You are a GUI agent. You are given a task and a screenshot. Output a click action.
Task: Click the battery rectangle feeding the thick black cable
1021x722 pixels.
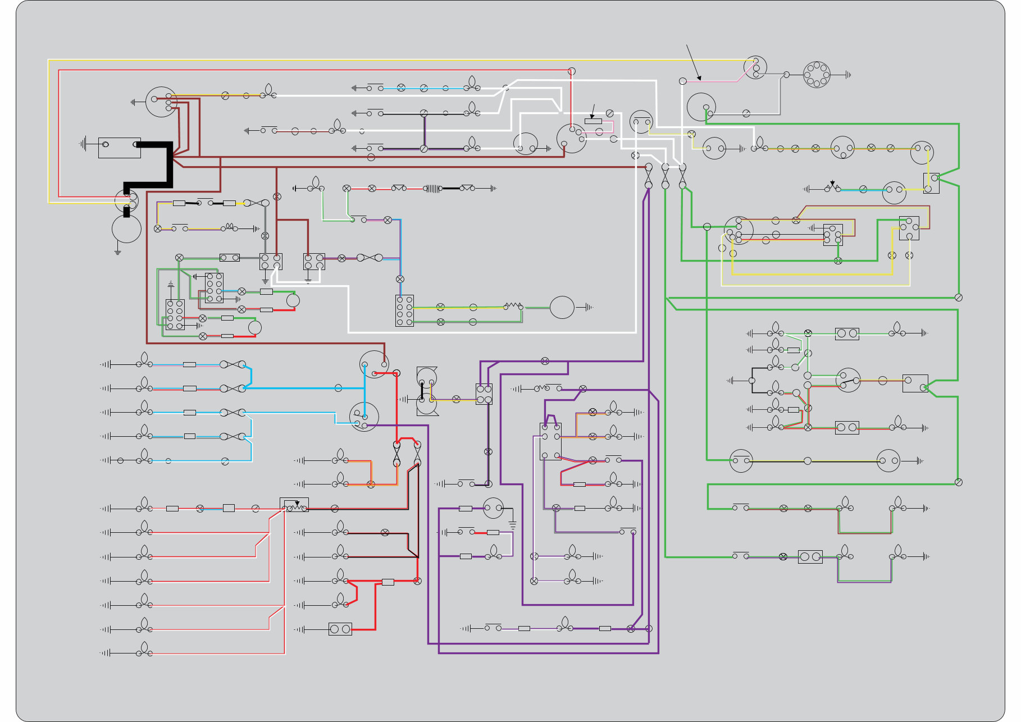(x=119, y=148)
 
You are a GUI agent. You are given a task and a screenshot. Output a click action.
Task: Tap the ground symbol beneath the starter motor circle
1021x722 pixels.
(x=118, y=252)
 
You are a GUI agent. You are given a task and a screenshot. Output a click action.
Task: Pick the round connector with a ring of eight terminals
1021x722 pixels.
(x=817, y=75)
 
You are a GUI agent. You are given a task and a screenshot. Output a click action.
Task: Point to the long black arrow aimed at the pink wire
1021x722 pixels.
(x=693, y=62)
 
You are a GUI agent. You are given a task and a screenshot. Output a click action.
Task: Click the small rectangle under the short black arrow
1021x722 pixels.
(x=593, y=121)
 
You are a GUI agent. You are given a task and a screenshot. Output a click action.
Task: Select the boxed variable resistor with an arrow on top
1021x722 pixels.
(x=294, y=505)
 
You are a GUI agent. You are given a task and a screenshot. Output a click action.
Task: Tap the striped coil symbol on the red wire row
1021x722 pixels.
(x=432, y=189)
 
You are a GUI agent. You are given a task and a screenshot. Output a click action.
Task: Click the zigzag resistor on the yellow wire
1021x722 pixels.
(x=512, y=306)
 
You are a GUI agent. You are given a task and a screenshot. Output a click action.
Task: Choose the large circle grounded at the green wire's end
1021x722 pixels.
(x=562, y=308)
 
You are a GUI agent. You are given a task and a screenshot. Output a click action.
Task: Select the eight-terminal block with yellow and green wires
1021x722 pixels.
(x=404, y=310)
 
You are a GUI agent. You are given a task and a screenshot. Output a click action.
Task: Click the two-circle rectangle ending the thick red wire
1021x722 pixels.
(x=340, y=629)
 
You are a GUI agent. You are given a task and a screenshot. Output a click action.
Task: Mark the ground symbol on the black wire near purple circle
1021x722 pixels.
(x=512, y=525)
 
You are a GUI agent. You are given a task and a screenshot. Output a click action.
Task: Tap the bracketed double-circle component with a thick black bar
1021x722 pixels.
(x=426, y=391)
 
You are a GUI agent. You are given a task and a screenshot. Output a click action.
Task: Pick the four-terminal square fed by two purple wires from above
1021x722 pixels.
(x=484, y=394)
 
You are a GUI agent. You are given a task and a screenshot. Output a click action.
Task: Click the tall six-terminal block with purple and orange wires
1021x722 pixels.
(x=550, y=441)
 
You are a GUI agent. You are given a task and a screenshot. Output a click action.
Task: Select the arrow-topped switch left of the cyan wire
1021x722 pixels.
(x=832, y=187)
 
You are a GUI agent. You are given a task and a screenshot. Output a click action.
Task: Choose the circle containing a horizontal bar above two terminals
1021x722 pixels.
(x=641, y=122)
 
